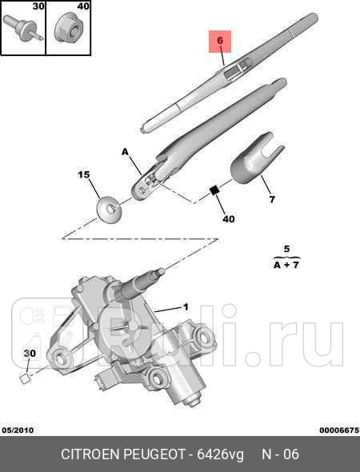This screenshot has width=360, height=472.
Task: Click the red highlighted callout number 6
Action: (x=220, y=40)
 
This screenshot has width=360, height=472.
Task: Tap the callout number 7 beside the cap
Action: (x=272, y=199)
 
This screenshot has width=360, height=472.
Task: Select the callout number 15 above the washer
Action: (x=84, y=175)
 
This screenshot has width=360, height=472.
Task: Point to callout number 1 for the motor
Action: (x=186, y=306)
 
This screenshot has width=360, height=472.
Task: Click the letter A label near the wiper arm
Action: (x=125, y=152)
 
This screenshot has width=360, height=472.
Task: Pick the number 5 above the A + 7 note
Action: (x=286, y=249)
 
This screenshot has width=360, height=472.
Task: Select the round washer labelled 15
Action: (x=109, y=210)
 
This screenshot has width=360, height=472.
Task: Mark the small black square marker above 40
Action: (x=214, y=190)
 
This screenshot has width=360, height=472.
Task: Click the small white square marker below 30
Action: (x=25, y=378)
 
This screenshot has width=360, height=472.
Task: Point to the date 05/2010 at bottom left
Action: (x=18, y=430)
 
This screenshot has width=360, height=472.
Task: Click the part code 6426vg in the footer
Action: (x=220, y=454)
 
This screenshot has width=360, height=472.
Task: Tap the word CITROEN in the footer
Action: (x=91, y=454)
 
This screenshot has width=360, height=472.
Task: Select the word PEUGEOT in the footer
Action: (x=155, y=454)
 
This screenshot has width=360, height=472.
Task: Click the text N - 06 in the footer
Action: (x=280, y=454)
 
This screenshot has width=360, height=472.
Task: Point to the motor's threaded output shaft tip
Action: (x=162, y=272)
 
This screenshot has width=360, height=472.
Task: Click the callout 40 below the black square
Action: (x=229, y=219)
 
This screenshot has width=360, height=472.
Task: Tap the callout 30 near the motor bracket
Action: (x=30, y=353)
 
